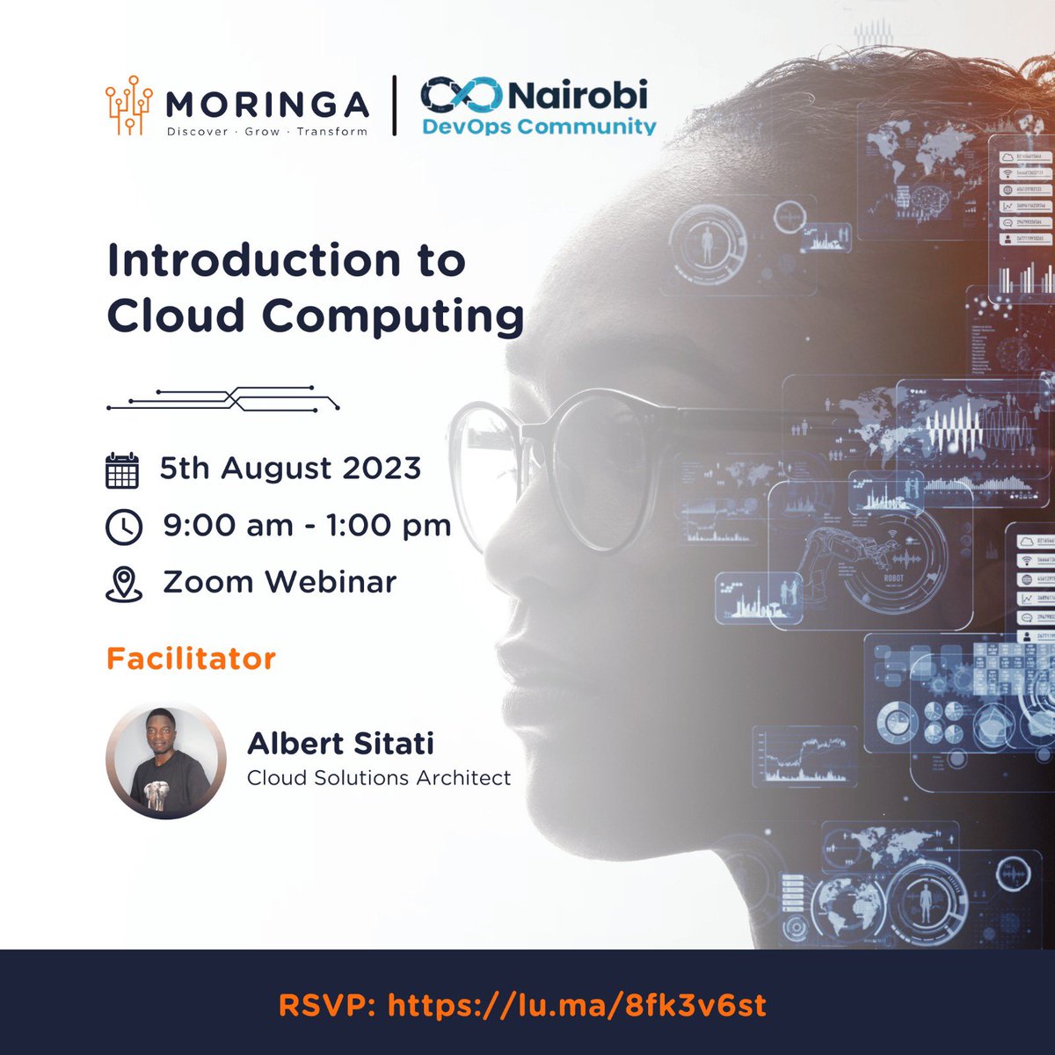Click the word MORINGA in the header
(x=266, y=105)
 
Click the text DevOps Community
(x=539, y=127)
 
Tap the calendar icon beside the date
(x=122, y=470)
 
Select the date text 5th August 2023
(x=290, y=469)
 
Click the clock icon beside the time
(x=123, y=527)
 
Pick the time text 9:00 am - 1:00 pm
(x=307, y=526)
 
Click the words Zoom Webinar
(x=280, y=582)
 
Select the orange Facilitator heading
(x=191, y=658)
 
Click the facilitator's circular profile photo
(x=160, y=761)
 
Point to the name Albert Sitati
(x=340, y=744)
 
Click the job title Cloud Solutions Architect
(x=378, y=778)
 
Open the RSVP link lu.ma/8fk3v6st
(x=577, y=1005)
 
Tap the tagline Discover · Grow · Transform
(x=267, y=131)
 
